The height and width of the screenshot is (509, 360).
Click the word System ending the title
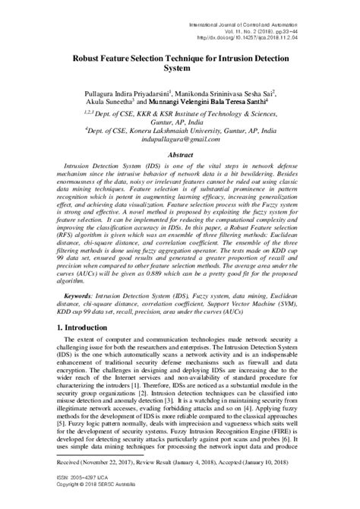tap(180, 67)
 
